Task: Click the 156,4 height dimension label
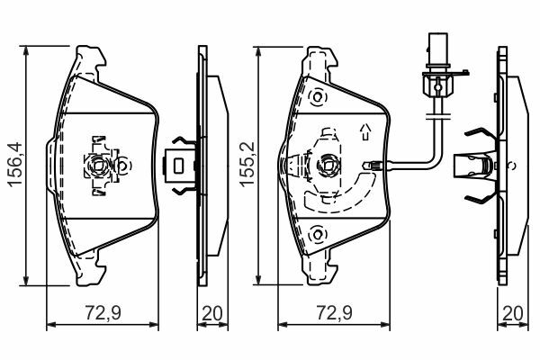15,166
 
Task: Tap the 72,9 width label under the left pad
103,313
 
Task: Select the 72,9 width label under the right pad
335,313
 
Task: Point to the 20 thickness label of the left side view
212,313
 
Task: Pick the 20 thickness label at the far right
513,313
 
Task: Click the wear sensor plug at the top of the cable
437,66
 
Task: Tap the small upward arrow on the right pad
365,132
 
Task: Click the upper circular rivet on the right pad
318,97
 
